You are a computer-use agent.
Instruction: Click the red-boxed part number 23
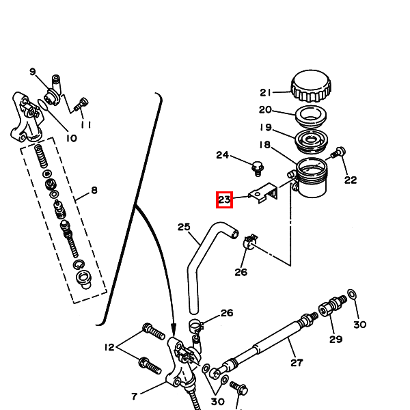click(224, 200)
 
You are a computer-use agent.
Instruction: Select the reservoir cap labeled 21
click(311, 86)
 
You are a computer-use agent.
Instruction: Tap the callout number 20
click(265, 110)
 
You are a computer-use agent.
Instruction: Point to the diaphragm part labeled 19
click(311, 141)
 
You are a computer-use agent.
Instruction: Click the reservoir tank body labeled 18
click(311, 178)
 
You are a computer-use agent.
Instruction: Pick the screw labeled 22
click(339, 152)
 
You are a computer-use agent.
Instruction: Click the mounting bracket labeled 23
click(263, 193)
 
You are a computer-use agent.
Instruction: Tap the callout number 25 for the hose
click(184, 227)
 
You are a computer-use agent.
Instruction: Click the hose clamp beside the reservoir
click(250, 242)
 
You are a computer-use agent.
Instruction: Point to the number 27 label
click(297, 363)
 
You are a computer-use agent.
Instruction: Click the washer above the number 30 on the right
click(352, 294)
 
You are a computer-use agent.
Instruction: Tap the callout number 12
click(109, 347)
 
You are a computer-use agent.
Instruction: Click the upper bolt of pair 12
click(154, 331)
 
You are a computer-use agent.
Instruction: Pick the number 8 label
click(94, 190)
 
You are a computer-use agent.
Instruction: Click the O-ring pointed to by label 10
click(43, 105)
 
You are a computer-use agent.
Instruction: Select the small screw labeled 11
click(81, 105)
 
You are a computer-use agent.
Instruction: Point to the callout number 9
click(32, 72)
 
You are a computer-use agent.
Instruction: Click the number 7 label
click(134, 396)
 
